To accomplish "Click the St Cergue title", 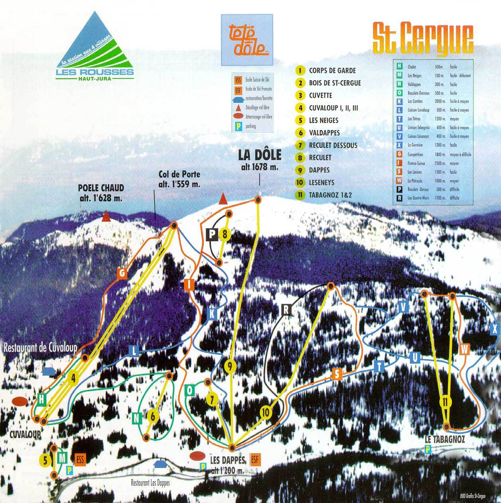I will pyautogui.click(x=423, y=39).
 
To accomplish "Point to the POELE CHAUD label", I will pyautogui.click(x=101, y=192).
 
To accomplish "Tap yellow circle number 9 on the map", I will pyautogui.click(x=230, y=365).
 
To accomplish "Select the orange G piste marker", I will pyautogui.click(x=122, y=273).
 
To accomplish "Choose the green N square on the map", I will pyautogui.click(x=137, y=418).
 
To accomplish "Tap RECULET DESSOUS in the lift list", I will pyautogui.click(x=332, y=145).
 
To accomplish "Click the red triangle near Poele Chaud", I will pyautogui.click(x=106, y=217).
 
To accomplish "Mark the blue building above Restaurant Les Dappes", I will pyautogui.click(x=160, y=464).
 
